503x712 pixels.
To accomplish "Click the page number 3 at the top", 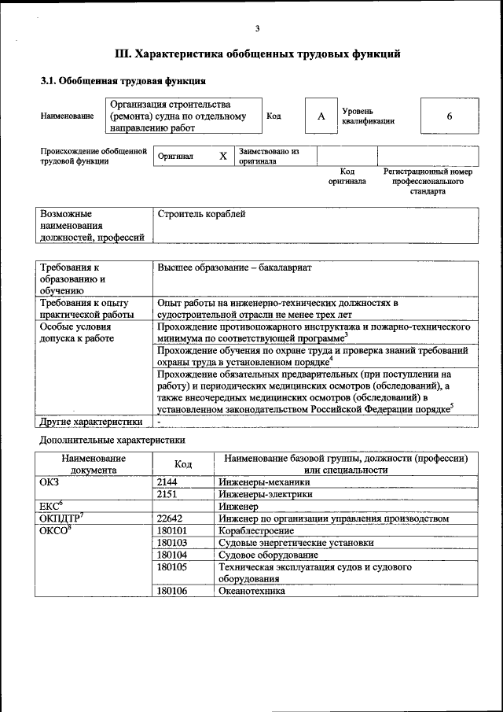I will click(257, 29).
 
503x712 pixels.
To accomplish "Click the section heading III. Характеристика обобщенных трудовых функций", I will click(257, 54).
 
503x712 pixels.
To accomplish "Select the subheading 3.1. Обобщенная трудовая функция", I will click(123, 80).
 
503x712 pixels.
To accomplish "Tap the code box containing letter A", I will click(321, 116).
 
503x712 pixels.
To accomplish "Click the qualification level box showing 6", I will click(449, 116).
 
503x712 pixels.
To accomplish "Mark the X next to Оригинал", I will click(222, 156).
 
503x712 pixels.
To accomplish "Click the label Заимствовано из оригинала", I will click(269, 156).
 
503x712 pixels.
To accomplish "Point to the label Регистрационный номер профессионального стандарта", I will click(427, 181).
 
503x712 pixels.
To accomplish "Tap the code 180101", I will click(172, 530).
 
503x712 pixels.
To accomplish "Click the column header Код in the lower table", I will click(183, 464).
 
